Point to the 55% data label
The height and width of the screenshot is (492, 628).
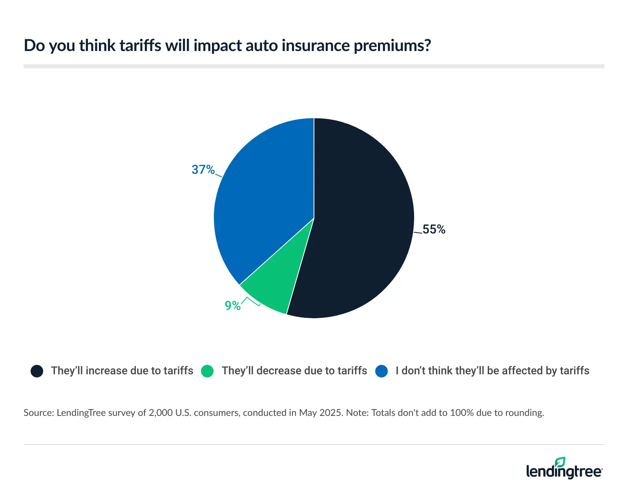tap(434, 230)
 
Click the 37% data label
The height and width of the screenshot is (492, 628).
tap(203, 169)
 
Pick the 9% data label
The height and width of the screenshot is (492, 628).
tap(232, 305)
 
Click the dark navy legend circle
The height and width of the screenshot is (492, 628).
tap(37, 371)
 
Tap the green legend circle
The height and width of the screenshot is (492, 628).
tap(207, 371)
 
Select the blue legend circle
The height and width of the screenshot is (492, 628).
tap(382, 371)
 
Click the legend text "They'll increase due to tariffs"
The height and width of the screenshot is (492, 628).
tap(122, 371)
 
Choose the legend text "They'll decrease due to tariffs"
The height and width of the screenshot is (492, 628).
tap(294, 371)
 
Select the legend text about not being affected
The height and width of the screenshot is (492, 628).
tap(492, 371)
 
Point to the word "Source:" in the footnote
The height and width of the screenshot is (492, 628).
tap(38, 413)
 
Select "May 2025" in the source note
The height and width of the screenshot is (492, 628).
tap(320, 413)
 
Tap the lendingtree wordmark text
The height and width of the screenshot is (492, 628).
tap(564, 472)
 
